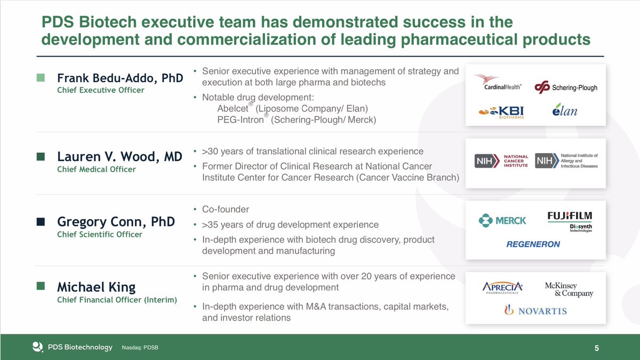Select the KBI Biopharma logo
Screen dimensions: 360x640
coord(501,112)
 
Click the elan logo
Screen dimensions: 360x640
coord(565,111)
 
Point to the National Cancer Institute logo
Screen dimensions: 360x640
coord(502,161)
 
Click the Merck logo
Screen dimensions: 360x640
coord(502,220)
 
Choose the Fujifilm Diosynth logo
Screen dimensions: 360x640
coord(570,221)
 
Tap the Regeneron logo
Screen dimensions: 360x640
coord(533,244)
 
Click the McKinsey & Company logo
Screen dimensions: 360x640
coord(569,290)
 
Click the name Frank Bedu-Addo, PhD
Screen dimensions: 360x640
coord(120,78)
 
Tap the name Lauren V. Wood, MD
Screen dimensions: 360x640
coord(119,157)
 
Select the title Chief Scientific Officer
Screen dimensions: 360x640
coord(100,234)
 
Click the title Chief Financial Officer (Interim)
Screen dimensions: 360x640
coord(117,299)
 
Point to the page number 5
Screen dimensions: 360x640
coord(597,348)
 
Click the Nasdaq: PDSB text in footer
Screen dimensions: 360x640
coord(140,348)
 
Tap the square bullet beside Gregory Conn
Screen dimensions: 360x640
coord(41,221)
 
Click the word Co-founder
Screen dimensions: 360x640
coord(226,209)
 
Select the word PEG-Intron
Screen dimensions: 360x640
coord(240,121)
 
